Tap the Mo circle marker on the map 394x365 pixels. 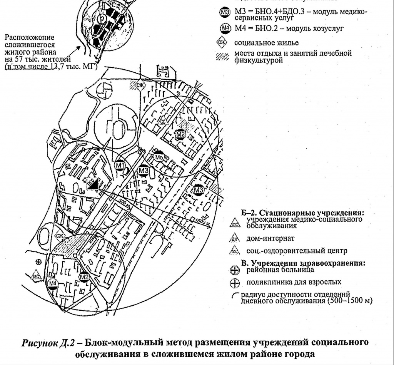159,157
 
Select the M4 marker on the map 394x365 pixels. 53,284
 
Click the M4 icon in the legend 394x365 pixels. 226,28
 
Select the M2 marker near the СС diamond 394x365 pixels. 180,135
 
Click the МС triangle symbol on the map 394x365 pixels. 37,276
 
